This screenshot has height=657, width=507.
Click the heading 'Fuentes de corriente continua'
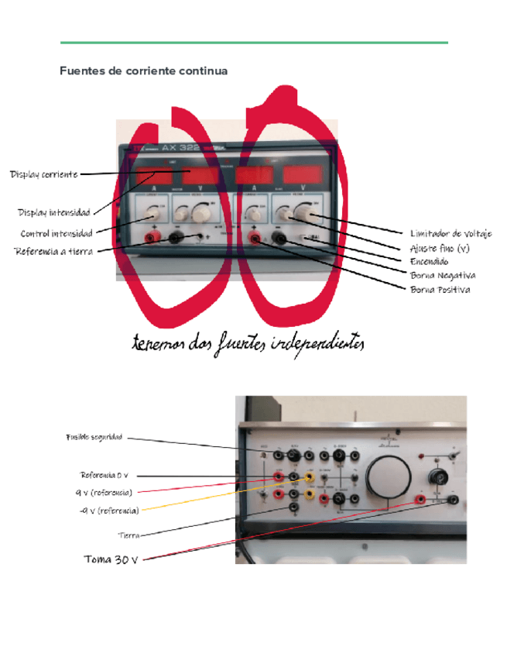pyautogui.click(x=144, y=71)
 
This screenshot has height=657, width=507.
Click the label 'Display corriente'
pyautogui.click(x=43, y=174)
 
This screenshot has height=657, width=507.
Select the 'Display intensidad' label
pyautogui.click(x=54, y=212)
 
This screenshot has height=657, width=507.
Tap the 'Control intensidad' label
pyautogui.click(x=57, y=233)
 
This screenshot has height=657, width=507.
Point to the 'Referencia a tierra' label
pyautogui.click(x=53, y=251)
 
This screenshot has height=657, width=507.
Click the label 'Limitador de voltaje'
pyautogui.click(x=450, y=233)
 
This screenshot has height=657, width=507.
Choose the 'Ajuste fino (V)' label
pyautogui.click(x=439, y=248)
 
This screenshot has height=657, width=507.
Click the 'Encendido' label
pyautogui.click(x=429, y=262)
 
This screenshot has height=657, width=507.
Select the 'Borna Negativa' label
pyautogui.click(x=443, y=275)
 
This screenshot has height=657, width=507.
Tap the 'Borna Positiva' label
pyautogui.click(x=440, y=290)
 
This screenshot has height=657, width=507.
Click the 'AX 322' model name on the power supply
pyautogui.click(x=182, y=147)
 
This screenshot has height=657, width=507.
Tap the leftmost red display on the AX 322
pyautogui.click(x=152, y=174)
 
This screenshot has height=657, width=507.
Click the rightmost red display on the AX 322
pyautogui.click(x=302, y=174)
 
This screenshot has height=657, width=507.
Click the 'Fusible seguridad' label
pyautogui.click(x=94, y=438)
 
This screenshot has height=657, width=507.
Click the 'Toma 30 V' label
pyautogui.click(x=111, y=559)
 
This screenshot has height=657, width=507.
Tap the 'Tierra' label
pyautogui.click(x=128, y=535)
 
